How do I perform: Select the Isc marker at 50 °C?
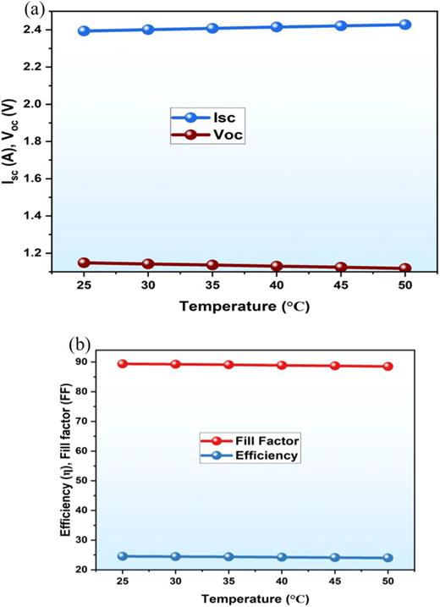[404, 25]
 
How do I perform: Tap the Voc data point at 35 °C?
[212, 265]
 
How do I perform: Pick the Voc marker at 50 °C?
[404, 268]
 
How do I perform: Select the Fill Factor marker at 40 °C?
[282, 365]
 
